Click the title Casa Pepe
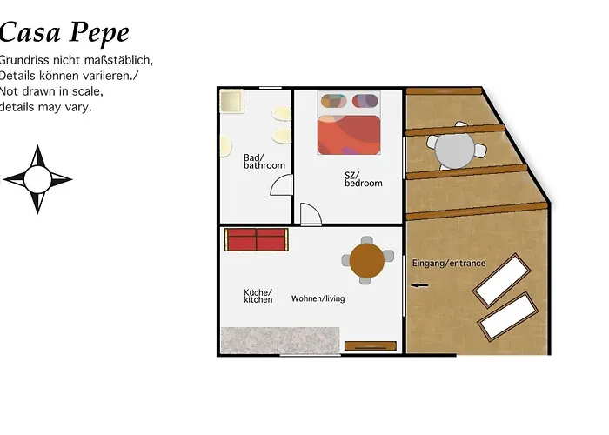(x=64, y=33)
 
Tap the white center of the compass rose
(x=37, y=179)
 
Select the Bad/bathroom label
(x=264, y=161)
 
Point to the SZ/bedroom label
(x=363, y=178)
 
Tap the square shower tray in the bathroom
(x=232, y=101)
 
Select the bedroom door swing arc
(x=311, y=213)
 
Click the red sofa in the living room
(x=256, y=239)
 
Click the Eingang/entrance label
(x=448, y=263)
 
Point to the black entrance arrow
(x=420, y=284)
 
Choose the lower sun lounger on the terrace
(x=506, y=317)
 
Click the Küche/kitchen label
(x=258, y=296)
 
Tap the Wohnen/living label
(x=318, y=298)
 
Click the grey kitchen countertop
(x=279, y=340)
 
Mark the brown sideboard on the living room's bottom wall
(x=370, y=345)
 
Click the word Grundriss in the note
(x=29, y=60)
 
